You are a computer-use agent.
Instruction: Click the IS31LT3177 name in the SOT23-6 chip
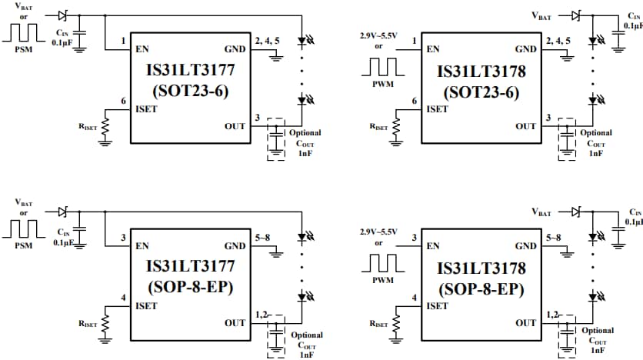click(191, 72)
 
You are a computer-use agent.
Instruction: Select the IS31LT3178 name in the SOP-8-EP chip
click(481, 268)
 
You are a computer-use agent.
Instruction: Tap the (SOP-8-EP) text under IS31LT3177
click(191, 290)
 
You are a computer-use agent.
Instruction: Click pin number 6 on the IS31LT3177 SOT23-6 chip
click(123, 101)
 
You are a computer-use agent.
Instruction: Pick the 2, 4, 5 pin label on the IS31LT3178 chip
click(558, 40)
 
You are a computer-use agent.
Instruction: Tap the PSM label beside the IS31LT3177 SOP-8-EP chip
click(24, 246)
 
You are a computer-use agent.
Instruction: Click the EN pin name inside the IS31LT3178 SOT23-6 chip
click(433, 49)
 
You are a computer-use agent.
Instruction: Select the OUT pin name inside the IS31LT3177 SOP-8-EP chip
click(235, 323)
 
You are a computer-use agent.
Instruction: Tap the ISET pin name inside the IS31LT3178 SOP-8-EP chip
click(437, 306)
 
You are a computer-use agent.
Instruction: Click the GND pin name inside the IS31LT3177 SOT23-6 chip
click(235, 49)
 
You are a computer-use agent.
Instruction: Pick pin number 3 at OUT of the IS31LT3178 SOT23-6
click(548, 118)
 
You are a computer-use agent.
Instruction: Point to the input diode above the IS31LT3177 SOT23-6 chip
click(64, 15)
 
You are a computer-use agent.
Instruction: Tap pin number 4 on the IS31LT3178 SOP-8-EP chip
click(415, 298)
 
